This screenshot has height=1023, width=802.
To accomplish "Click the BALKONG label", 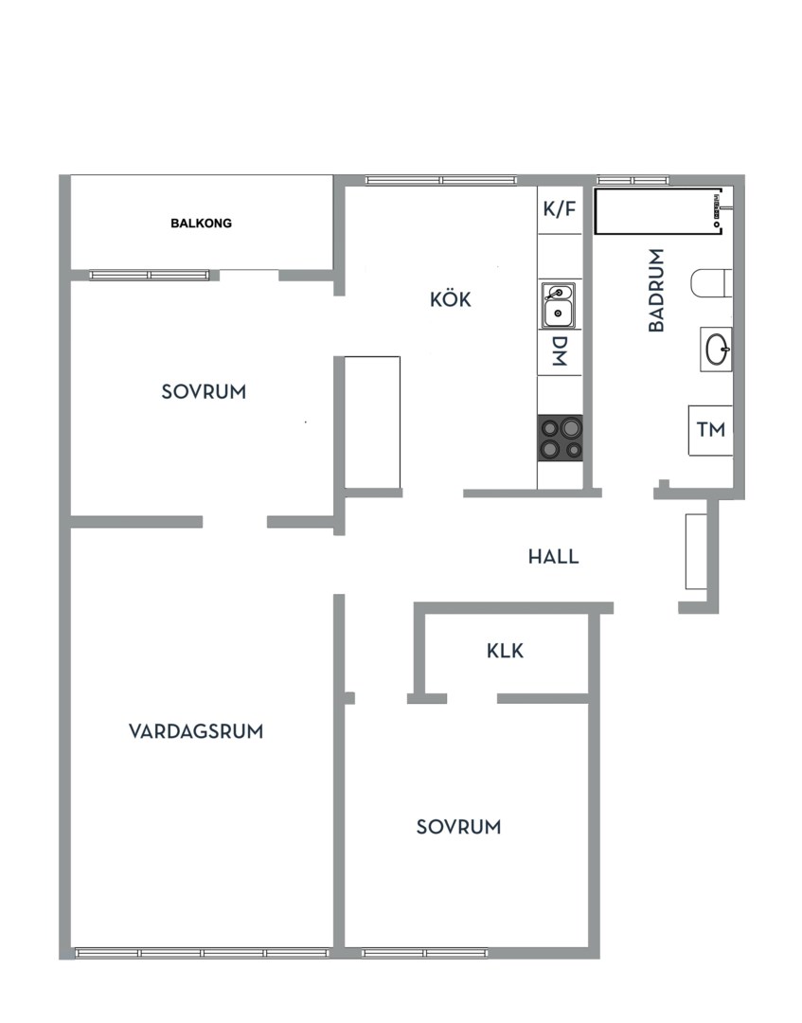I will click(201, 224).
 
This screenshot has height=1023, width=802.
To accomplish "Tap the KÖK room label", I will click(450, 300).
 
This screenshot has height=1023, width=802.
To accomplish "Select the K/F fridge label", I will click(559, 209).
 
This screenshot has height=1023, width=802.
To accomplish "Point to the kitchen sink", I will click(559, 304).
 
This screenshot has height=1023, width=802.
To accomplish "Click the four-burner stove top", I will click(560, 439).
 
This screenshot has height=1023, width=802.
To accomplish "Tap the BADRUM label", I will click(656, 290).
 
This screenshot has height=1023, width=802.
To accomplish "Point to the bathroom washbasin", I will click(717, 348).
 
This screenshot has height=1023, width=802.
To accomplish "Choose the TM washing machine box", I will click(710, 430).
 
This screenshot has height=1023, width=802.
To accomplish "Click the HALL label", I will click(553, 557).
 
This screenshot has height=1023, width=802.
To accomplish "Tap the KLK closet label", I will click(505, 652).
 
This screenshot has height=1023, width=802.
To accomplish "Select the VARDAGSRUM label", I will click(196, 731).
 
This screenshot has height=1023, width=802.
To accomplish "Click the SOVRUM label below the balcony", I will click(204, 391).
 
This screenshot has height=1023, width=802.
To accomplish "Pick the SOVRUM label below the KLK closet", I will click(458, 827).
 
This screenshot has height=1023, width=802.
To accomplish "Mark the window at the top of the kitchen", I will click(440, 180).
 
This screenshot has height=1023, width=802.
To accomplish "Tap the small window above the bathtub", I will click(633, 180).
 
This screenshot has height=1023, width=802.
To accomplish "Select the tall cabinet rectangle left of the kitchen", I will click(372, 422).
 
